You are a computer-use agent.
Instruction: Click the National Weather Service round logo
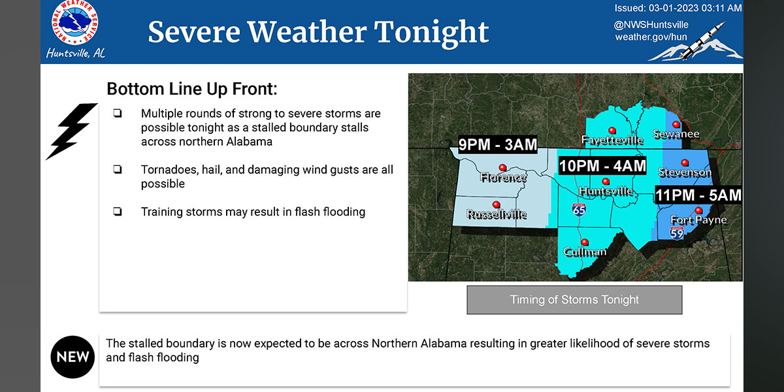(74, 22)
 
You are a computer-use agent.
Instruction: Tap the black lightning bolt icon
(71, 131)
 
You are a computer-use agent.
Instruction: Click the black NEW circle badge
(73, 357)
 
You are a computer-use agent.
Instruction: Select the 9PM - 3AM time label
(497, 144)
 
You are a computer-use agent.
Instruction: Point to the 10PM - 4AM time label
(602, 166)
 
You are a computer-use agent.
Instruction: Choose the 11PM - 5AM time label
(698, 195)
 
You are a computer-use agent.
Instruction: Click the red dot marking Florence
(502, 168)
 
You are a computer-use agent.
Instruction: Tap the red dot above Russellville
(496, 204)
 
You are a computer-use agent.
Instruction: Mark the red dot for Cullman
(585, 242)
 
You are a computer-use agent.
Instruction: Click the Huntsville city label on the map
(606, 191)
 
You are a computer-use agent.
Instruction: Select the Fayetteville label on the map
(612, 140)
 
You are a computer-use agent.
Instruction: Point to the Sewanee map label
(676, 134)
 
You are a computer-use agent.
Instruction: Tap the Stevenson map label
(685, 172)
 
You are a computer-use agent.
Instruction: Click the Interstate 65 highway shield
(579, 210)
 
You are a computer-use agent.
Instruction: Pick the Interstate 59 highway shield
(677, 233)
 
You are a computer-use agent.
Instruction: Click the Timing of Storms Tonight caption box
(574, 300)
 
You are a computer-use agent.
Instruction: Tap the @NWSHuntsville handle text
(651, 25)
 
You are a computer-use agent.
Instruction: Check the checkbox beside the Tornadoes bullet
(118, 170)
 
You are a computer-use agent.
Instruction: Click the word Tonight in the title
(431, 33)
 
